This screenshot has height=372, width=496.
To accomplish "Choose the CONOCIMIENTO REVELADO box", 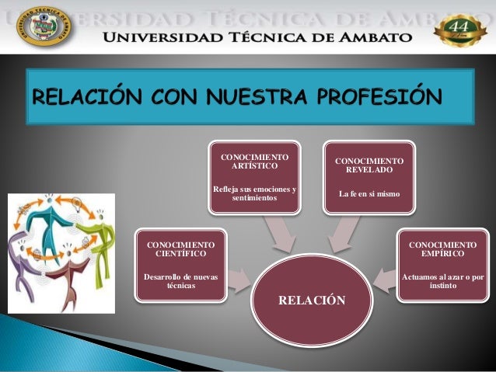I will pyautogui.click(x=369, y=178).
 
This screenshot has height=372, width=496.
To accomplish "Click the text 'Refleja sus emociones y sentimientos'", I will pyautogui.click(x=253, y=194).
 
